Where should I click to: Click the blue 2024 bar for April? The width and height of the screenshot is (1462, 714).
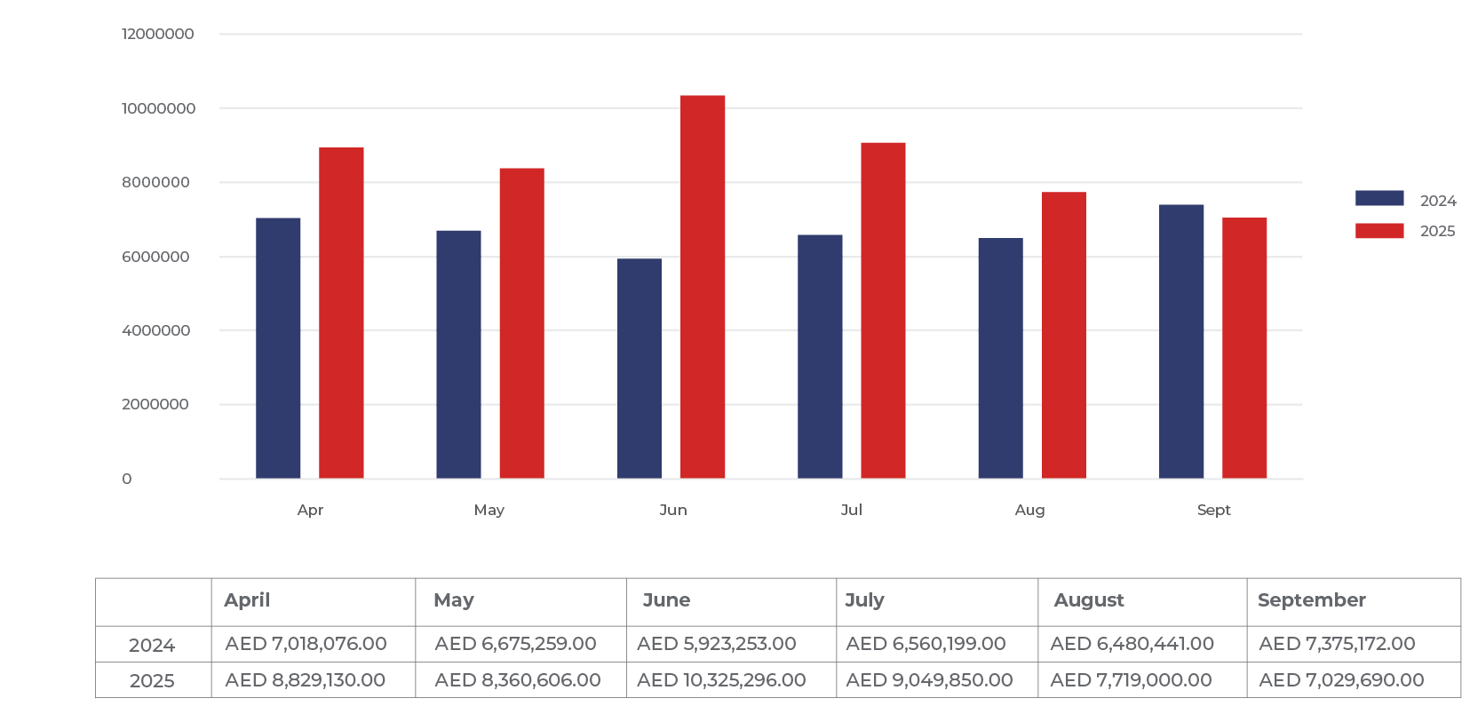click(278, 348)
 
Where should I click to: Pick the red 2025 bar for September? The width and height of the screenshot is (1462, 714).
click(1244, 348)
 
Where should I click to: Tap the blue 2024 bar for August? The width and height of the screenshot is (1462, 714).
click(1000, 358)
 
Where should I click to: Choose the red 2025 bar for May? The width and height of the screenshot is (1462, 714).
click(521, 323)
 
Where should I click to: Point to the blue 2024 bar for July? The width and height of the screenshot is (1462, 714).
click(820, 356)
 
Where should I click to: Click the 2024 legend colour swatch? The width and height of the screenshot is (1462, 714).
click(1379, 199)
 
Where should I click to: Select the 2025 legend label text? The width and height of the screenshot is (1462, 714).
click(1437, 232)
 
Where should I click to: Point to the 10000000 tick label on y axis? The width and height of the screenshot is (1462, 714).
click(159, 108)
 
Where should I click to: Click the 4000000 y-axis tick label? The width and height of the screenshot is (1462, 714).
click(156, 330)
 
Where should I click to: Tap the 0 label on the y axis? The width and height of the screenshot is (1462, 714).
click(127, 480)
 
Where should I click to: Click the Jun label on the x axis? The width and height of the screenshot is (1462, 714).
click(673, 511)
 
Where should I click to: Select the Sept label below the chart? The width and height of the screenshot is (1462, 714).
click(1213, 511)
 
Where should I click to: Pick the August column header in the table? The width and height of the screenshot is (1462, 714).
click(1089, 600)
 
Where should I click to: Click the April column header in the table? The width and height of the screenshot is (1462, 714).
click(247, 600)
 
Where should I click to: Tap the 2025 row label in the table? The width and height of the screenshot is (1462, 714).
click(152, 681)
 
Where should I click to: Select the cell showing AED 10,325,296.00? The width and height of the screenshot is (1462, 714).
click(721, 680)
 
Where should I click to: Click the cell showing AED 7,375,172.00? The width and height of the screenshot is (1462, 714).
click(1337, 644)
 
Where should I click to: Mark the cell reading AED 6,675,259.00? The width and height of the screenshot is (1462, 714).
click(515, 644)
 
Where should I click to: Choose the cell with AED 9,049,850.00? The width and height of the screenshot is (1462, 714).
click(929, 680)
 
